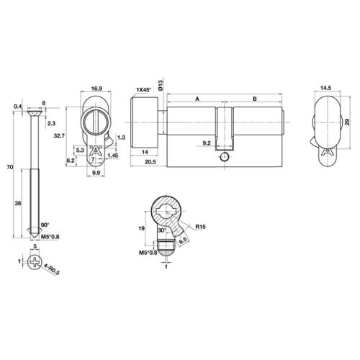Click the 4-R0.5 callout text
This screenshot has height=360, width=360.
50,272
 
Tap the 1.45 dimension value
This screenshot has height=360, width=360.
114,155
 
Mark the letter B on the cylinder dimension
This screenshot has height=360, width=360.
253,97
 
